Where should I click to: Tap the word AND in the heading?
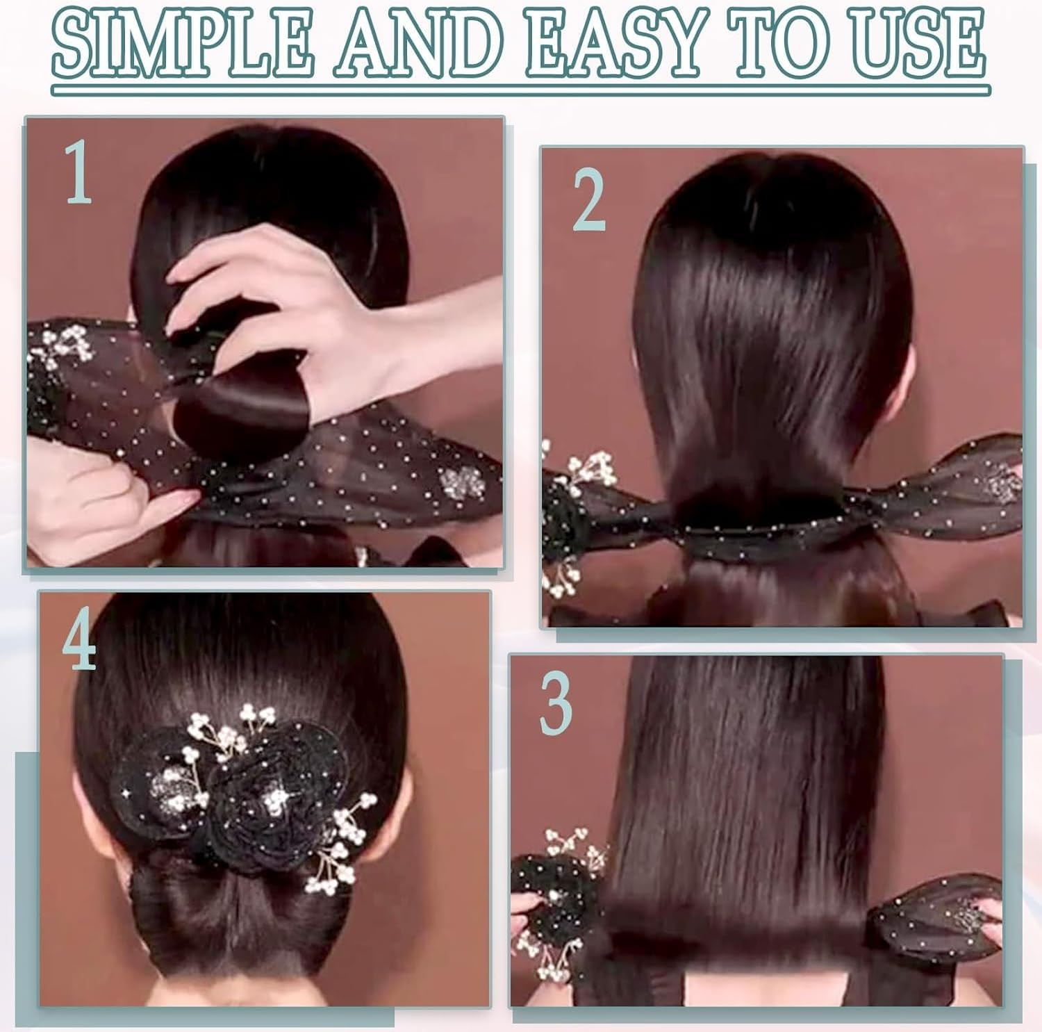(x=413, y=43)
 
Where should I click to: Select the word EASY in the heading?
(x=611, y=43)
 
